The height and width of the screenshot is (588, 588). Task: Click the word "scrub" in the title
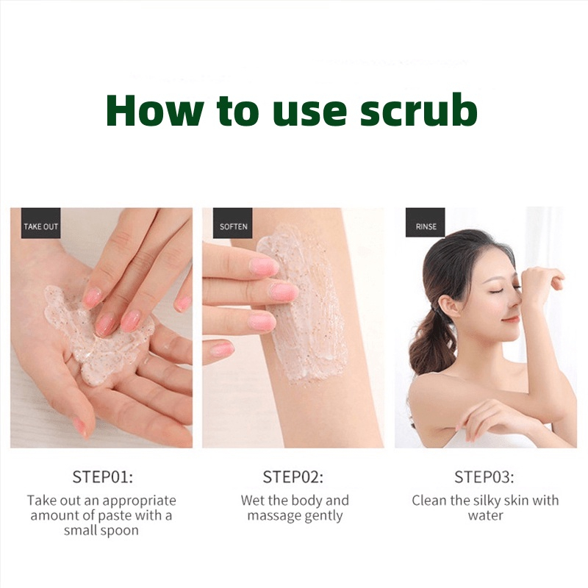click(419, 110)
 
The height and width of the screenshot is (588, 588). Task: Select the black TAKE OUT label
click(41, 223)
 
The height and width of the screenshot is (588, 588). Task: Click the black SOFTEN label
click(233, 223)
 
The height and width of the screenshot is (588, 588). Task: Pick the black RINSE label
click(426, 223)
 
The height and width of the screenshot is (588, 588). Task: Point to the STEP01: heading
click(102, 477)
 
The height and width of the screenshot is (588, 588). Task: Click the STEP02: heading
click(293, 477)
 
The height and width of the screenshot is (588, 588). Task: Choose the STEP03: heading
click(484, 477)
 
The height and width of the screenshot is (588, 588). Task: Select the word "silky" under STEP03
click(484, 501)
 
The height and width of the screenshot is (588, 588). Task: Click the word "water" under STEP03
click(485, 516)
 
